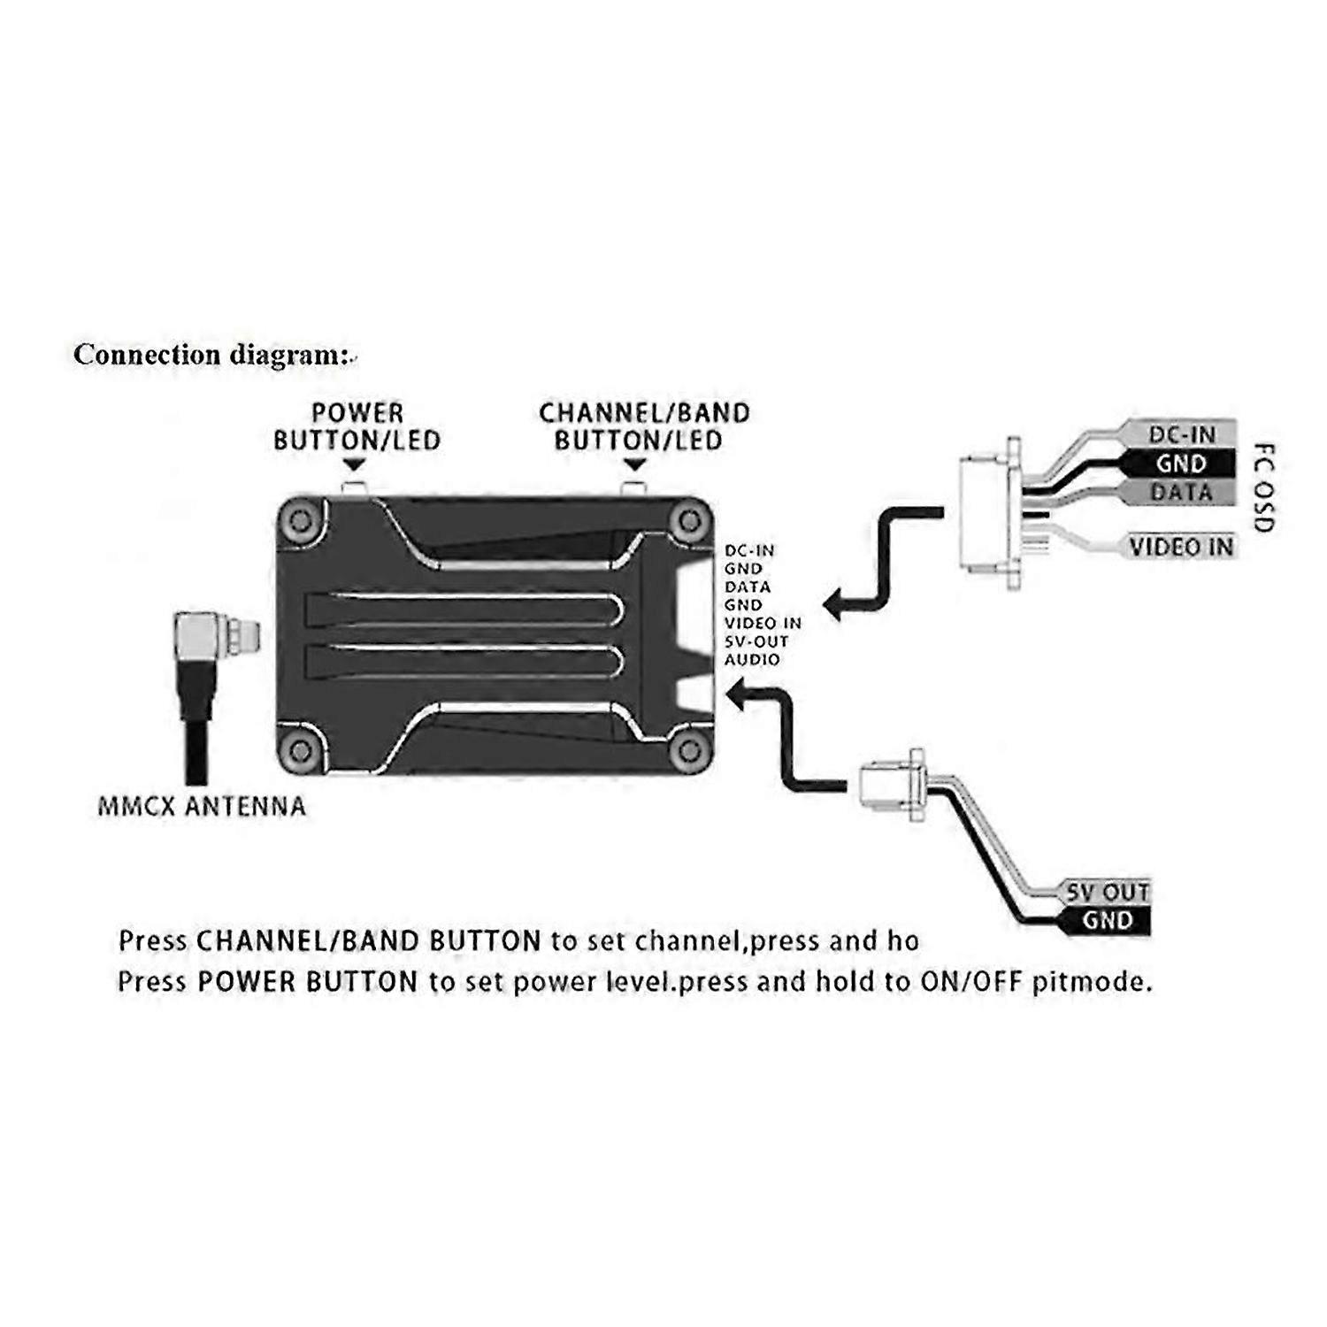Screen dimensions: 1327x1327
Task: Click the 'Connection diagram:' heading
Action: (213, 355)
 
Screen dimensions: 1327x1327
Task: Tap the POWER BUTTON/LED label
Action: (357, 426)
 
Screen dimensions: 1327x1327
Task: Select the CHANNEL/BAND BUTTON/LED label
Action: (643, 426)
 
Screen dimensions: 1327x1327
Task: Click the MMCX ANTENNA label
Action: (202, 806)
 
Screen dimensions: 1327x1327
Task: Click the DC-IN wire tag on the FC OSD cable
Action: (1181, 434)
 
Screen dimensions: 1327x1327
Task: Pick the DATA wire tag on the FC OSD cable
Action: (1181, 492)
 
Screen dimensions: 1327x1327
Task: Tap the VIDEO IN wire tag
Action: (1181, 547)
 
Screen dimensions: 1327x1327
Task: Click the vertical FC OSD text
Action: (1265, 487)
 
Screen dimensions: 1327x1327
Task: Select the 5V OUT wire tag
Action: (1107, 892)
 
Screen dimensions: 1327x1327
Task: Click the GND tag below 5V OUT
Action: (1107, 920)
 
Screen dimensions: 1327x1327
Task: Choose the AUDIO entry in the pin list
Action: (753, 660)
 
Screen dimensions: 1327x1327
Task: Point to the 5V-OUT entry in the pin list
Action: (756, 641)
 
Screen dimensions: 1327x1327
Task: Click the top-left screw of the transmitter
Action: (302, 520)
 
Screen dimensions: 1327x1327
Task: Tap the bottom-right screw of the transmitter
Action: (689, 751)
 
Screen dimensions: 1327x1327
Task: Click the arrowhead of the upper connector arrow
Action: (833, 605)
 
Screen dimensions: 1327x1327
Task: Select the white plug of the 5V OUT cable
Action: (888, 784)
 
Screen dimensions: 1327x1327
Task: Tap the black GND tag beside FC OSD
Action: (1181, 463)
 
